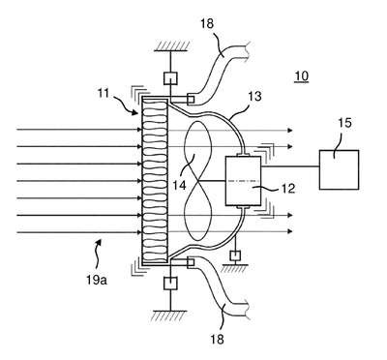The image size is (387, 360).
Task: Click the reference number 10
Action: [302, 76]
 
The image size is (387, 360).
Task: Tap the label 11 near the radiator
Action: [104, 94]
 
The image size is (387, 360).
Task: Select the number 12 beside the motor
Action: [288, 189]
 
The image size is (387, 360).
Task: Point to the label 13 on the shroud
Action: [255, 96]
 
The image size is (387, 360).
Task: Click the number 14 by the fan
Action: [179, 185]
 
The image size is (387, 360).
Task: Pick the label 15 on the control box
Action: [344, 123]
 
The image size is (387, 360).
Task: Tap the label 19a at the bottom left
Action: [97, 280]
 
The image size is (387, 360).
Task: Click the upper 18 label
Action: [207, 23]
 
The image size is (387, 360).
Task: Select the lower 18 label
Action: [217, 339]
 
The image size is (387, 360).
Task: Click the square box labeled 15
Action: [339, 169]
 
